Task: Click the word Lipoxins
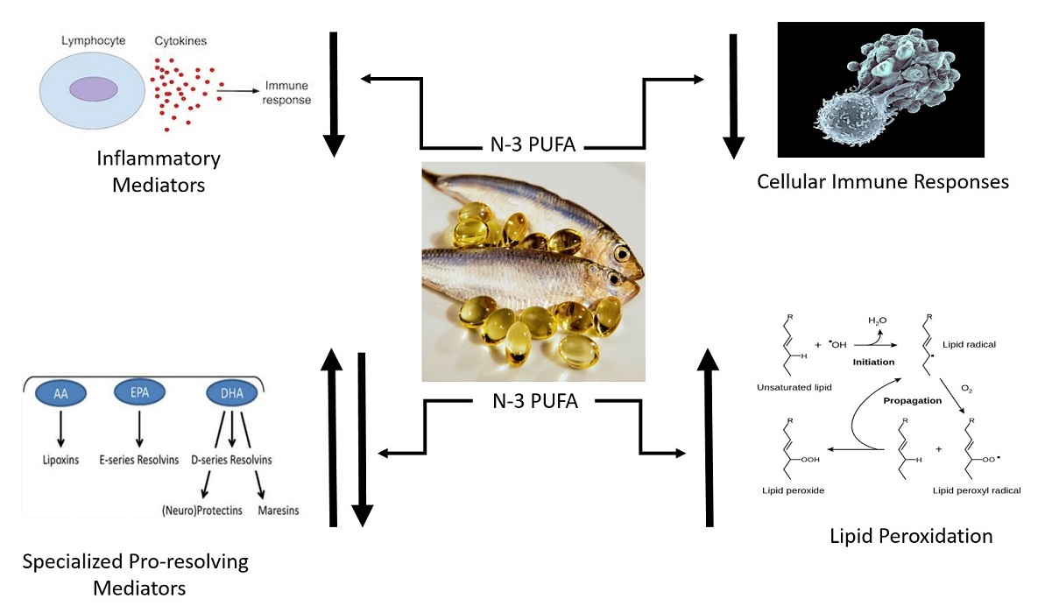coord(60,460)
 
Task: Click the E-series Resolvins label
coord(139,460)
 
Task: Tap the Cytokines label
coord(180,40)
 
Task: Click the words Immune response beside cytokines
coord(281,94)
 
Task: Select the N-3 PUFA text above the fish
coord(533,144)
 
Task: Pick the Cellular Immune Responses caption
coord(883,181)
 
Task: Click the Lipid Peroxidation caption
coord(911,535)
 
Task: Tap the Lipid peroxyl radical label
coord(978,490)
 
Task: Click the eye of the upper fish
coord(623,253)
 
